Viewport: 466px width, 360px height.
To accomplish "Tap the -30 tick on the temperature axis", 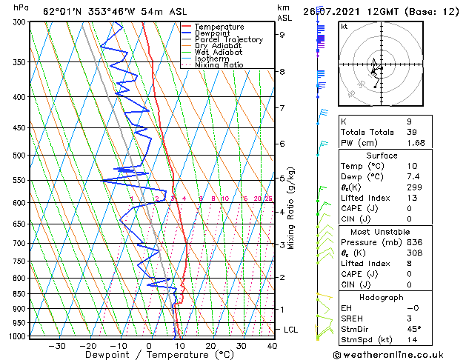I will (x=57, y=346).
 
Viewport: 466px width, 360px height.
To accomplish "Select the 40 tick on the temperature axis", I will (x=273, y=346).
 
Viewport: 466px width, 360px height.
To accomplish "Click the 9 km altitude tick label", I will (x=282, y=34).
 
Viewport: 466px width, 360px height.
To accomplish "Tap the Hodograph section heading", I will (x=382, y=297).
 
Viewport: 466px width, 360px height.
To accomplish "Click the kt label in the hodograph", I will (x=344, y=26).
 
